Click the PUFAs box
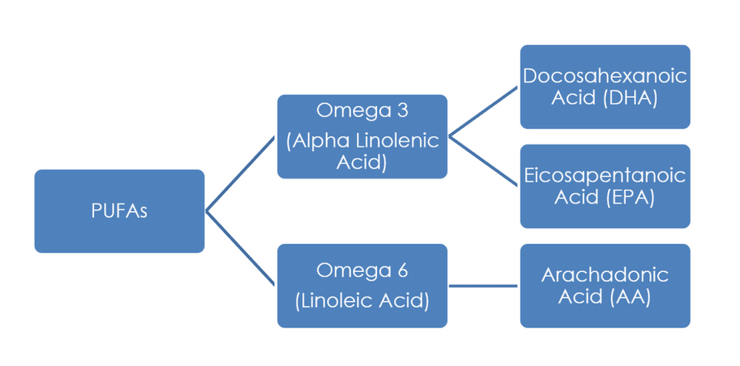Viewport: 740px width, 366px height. (x=119, y=211)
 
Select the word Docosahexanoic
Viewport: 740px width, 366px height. (x=604, y=76)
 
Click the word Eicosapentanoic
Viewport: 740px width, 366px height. (x=604, y=176)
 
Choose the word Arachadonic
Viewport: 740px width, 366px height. (x=604, y=276)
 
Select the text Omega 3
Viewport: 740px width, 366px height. (x=362, y=110)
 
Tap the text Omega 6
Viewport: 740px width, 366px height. (x=362, y=271)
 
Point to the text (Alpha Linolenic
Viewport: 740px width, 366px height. (x=362, y=141)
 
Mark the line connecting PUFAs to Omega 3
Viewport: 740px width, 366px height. (x=241, y=174)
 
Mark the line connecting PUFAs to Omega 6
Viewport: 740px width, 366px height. (x=241, y=248)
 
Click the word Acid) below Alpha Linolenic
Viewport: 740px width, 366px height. (x=362, y=163)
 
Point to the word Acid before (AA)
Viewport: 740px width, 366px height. (x=582, y=298)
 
